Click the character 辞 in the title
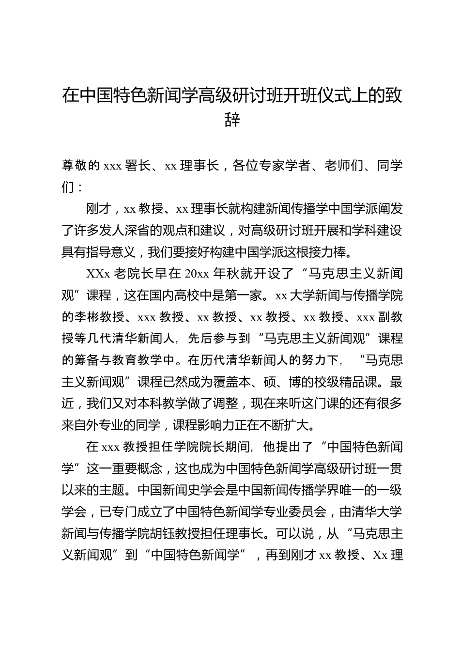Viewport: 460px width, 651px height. tap(232, 119)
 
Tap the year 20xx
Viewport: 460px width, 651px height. tap(197, 274)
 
